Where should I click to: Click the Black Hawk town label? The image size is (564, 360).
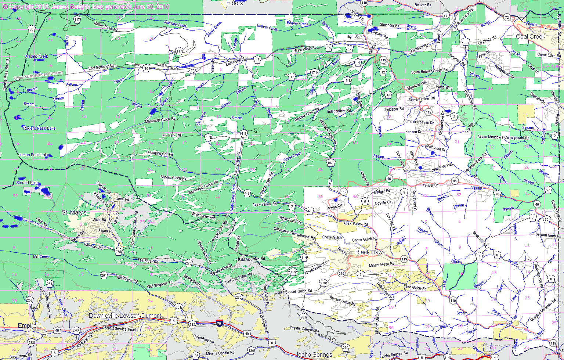tap(370, 252)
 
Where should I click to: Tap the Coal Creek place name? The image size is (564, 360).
tap(530, 36)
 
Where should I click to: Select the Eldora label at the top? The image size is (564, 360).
tap(235, 3)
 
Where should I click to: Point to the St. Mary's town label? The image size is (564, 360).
tap(74, 212)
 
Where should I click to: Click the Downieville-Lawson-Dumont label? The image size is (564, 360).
tap(125, 316)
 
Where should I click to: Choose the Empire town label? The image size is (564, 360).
tap(27, 326)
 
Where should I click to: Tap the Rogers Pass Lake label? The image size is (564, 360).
tap(39, 128)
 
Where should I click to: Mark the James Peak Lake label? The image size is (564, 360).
tap(34, 155)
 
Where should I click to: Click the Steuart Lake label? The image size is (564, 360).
tap(28, 183)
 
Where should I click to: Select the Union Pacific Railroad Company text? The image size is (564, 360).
tap(39, 76)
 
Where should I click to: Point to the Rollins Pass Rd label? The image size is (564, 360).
tap(105, 27)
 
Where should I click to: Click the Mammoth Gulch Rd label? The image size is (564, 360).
tap(160, 120)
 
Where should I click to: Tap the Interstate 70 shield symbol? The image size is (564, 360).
tap(219, 324)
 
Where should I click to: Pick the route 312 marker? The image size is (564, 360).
tap(192, 324)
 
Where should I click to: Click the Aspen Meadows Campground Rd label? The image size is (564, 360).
tap(503, 137)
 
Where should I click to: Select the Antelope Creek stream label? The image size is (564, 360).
tap(175, 25)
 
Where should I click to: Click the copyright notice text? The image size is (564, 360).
tap(86, 7)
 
